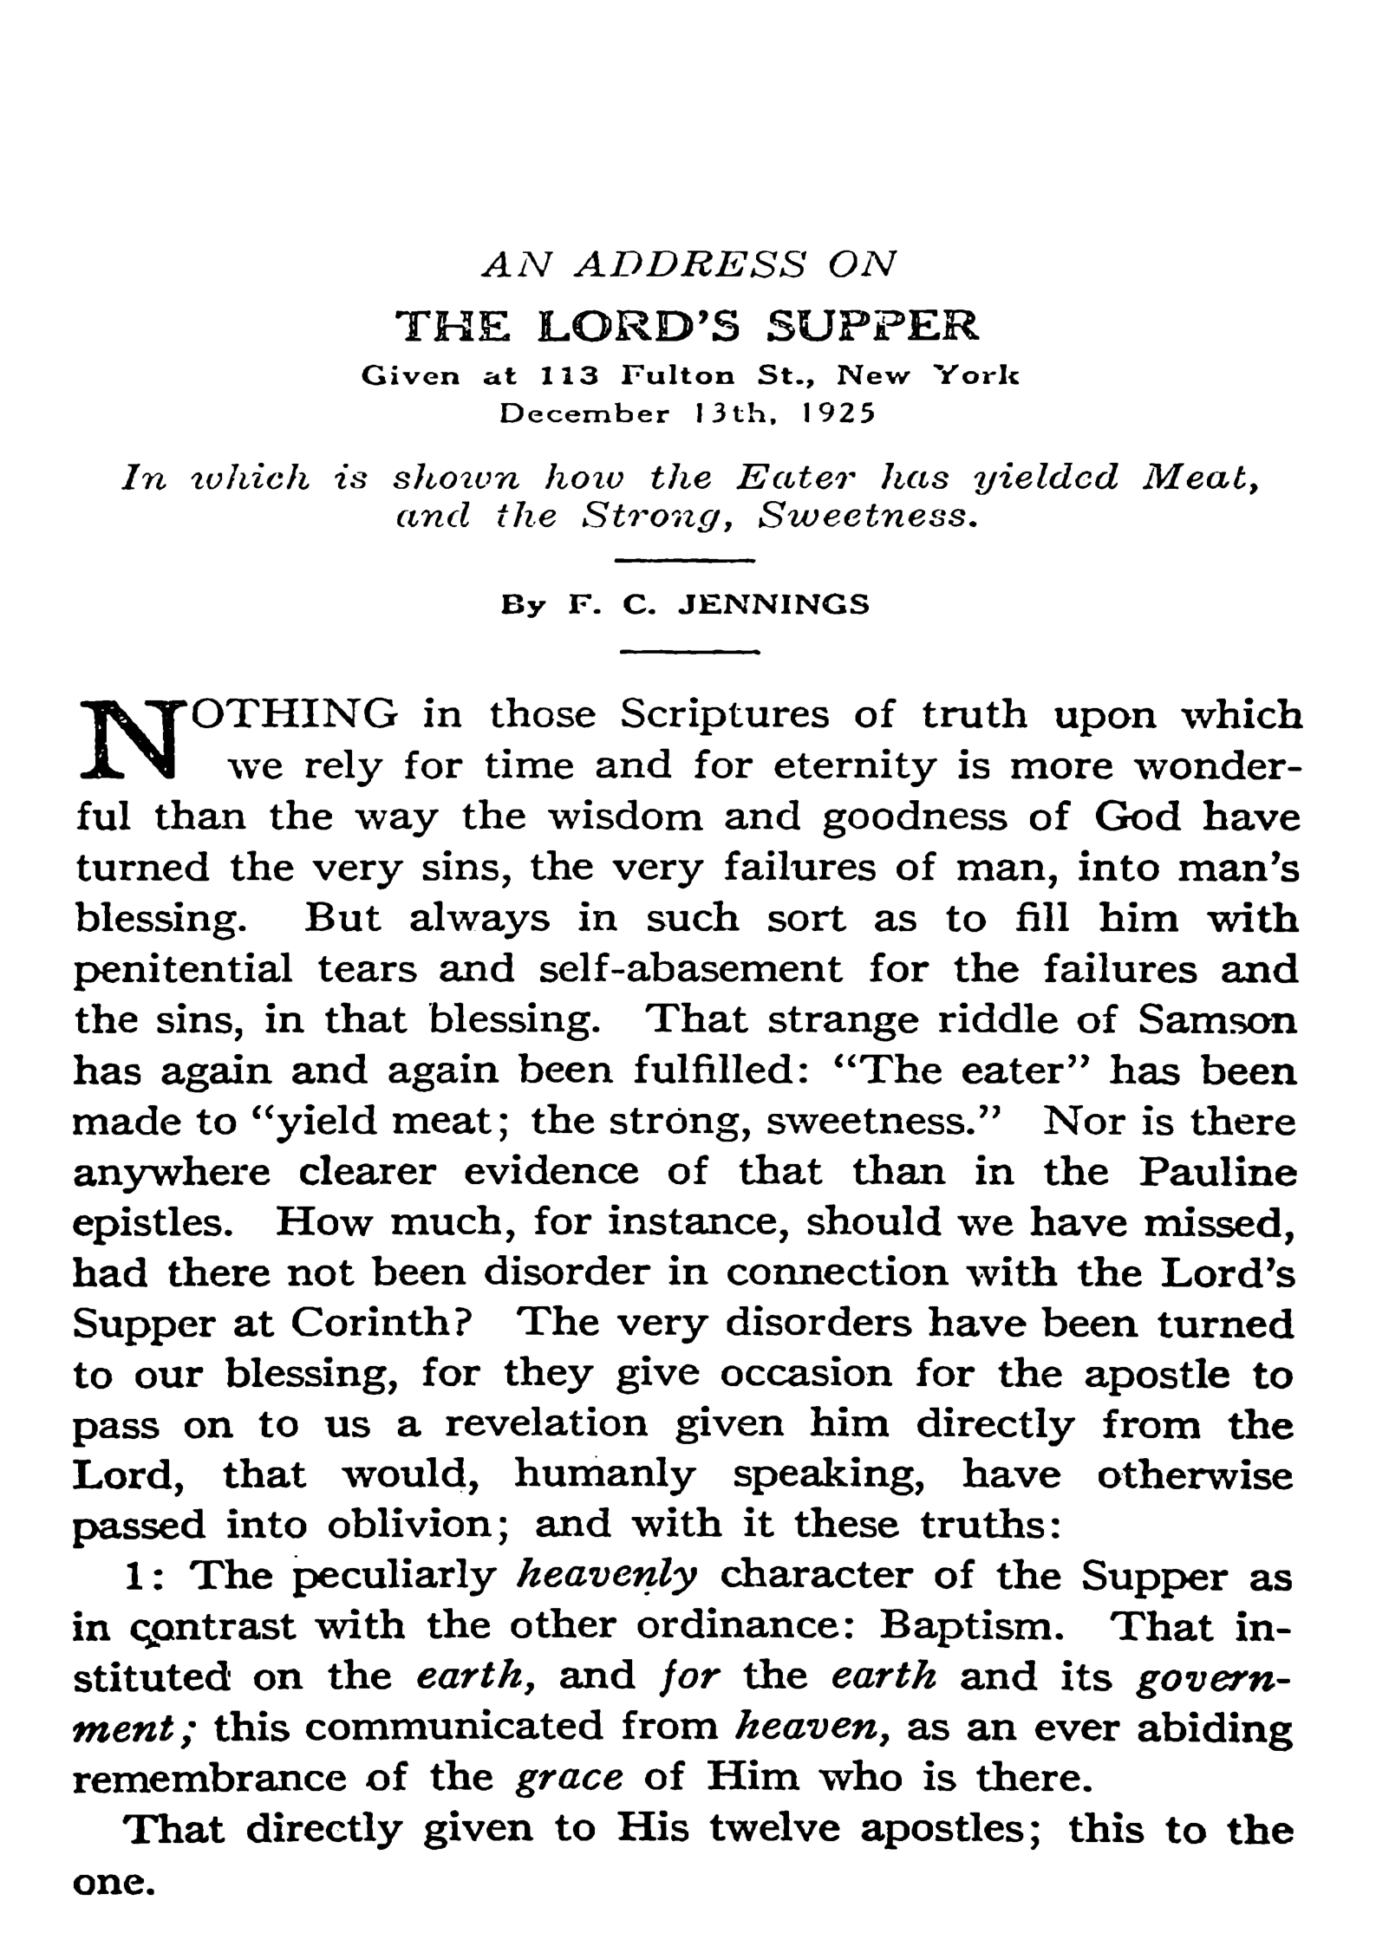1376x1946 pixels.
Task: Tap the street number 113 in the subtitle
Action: point(570,376)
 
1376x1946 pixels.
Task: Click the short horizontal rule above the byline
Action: point(685,562)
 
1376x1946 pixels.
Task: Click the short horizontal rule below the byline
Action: point(691,652)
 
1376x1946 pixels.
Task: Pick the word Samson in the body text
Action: point(1217,1020)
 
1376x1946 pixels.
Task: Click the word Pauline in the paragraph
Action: point(1217,1173)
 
